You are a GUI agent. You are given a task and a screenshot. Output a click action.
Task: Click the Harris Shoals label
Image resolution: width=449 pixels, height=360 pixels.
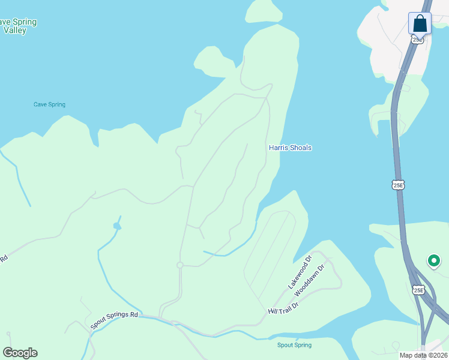(x=290, y=148)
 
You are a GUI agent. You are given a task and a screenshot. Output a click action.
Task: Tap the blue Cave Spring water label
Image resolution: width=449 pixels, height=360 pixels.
(x=49, y=104)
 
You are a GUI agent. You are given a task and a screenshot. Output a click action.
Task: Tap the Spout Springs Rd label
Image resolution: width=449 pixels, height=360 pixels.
(x=114, y=320)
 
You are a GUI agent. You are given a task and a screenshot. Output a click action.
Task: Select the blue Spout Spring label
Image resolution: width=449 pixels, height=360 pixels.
(x=294, y=345)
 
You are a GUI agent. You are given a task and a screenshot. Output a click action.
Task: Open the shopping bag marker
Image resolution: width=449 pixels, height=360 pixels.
(x=420, y=24)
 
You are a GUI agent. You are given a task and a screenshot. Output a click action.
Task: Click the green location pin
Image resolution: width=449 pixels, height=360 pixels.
(x=433, y=261)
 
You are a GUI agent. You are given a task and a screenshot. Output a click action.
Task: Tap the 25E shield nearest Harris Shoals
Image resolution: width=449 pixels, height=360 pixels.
(x=399, y=185)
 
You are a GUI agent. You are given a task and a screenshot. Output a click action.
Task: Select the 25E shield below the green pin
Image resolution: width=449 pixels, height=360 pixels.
(x=418, y=290)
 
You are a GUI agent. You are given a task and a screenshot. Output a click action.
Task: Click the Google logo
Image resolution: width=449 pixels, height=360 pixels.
(x=20, y=353)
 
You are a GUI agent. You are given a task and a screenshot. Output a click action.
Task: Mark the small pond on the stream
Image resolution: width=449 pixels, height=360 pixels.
(x=116, y=226)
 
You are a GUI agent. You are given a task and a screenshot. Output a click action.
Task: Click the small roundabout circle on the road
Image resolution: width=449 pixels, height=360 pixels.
(x=179, y=265)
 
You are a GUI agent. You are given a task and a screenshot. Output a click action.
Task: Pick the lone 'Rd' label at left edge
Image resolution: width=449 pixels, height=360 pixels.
(x=4, y=259)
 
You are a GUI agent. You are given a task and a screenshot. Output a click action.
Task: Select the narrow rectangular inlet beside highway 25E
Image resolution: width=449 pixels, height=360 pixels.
(x=381, y=128)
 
